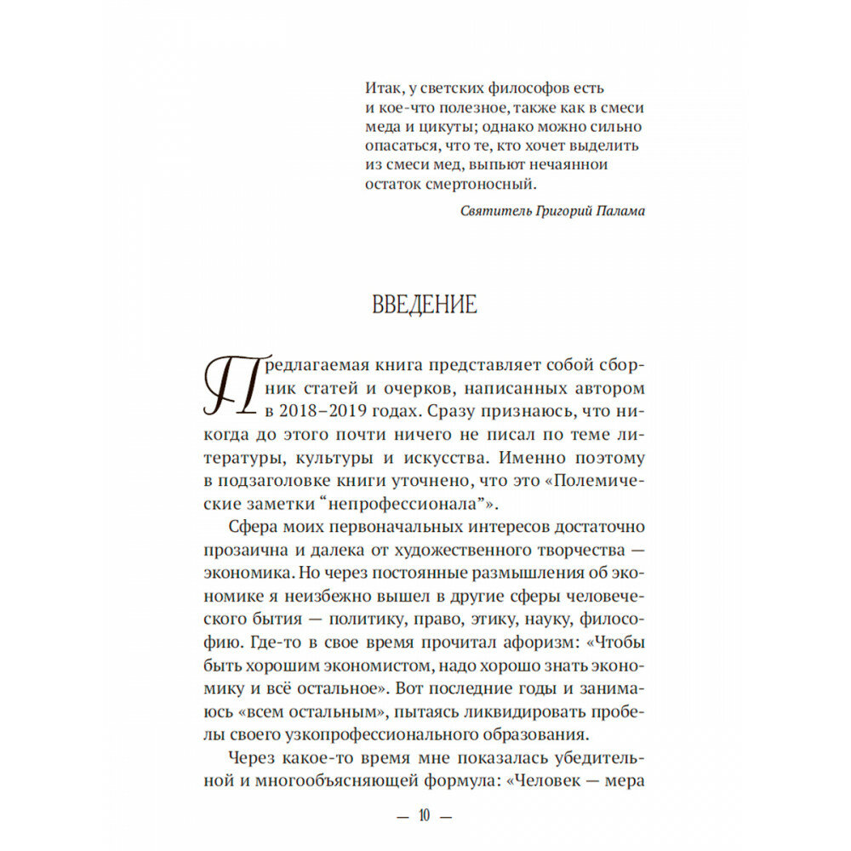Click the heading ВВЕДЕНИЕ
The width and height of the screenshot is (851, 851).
[425, 304]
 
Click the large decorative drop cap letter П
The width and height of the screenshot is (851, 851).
[227, 386]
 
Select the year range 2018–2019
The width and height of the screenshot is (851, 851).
[323, 411]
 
